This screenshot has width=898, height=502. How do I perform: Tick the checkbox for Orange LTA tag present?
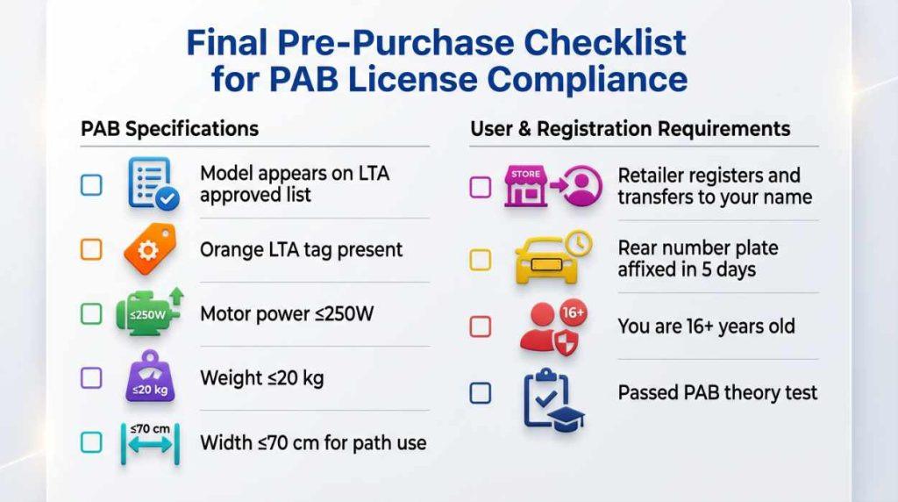click(x=91, y=249)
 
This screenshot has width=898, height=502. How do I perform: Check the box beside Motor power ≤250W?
click(x=91, y=313)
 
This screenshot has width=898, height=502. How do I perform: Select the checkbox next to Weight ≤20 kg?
click(x=91, y=378)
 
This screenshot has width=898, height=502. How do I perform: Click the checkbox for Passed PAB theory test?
click(x=481, y=392)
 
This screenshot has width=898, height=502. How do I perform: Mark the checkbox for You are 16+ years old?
click(x=481, y=326)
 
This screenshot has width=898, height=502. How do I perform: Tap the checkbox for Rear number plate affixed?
click(x=481, y=260)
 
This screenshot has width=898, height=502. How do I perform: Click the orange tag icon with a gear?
click(x=149, y=249)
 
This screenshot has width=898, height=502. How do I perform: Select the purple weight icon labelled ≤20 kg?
click(x=149, y=379)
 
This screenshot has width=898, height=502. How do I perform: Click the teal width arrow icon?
click(x=149, y=443)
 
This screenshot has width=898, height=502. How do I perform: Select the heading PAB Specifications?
click(x=169, y=129)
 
